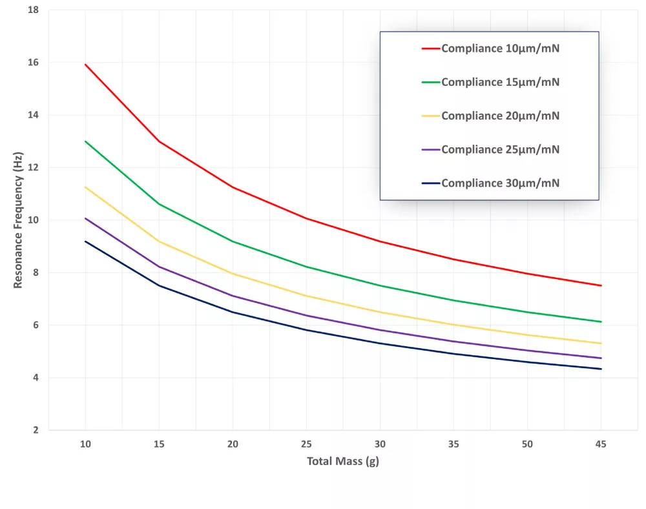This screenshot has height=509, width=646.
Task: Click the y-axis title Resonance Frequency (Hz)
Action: [18, 220]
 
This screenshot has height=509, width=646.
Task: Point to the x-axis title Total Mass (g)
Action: [342, 461]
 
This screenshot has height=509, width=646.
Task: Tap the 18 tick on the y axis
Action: [33, 10]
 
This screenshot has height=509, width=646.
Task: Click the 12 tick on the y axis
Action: [33, 168]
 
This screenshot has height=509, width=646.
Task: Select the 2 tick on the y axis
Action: [36, 430]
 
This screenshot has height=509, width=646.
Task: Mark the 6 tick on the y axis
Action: [36, 325]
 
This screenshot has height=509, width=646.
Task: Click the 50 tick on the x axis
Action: [528, 444]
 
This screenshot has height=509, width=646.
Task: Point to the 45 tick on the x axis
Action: [601, 444]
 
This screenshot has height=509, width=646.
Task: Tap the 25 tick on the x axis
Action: [306, 444]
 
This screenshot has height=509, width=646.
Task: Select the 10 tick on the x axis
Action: [85, 444]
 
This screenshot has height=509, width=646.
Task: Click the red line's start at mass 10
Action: [85, 65]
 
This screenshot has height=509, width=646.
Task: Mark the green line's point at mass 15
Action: [159, 204]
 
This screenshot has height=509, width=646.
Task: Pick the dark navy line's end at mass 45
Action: [601, 369]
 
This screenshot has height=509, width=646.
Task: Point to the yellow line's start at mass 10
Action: [85, 187]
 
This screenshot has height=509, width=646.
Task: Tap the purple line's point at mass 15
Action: [159, 267]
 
